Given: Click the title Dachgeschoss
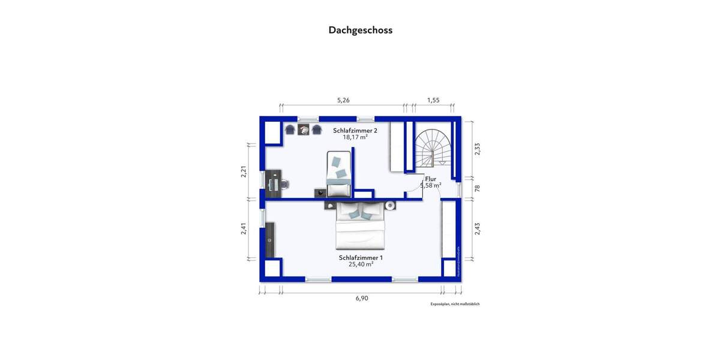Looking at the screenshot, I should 360,29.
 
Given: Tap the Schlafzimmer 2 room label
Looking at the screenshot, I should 355,130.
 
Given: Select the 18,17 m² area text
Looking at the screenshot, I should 355,137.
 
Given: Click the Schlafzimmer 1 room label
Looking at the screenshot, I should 361,257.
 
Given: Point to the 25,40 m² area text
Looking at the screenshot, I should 361,264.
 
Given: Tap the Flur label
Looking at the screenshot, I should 430,179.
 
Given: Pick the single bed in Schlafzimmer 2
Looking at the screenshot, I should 338,174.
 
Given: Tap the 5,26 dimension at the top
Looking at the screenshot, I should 343,100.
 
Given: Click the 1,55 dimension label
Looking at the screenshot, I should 433,100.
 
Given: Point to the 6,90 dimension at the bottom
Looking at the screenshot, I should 361,298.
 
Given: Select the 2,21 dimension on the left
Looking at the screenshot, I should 244,172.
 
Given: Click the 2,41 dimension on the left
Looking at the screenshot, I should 244,229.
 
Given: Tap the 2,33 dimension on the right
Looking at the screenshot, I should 478,148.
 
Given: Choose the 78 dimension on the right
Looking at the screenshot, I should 478,188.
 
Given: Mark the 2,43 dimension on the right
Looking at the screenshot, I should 478,229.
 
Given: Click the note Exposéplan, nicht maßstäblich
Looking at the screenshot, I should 455,304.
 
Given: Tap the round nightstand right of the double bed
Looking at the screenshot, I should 390,205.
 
